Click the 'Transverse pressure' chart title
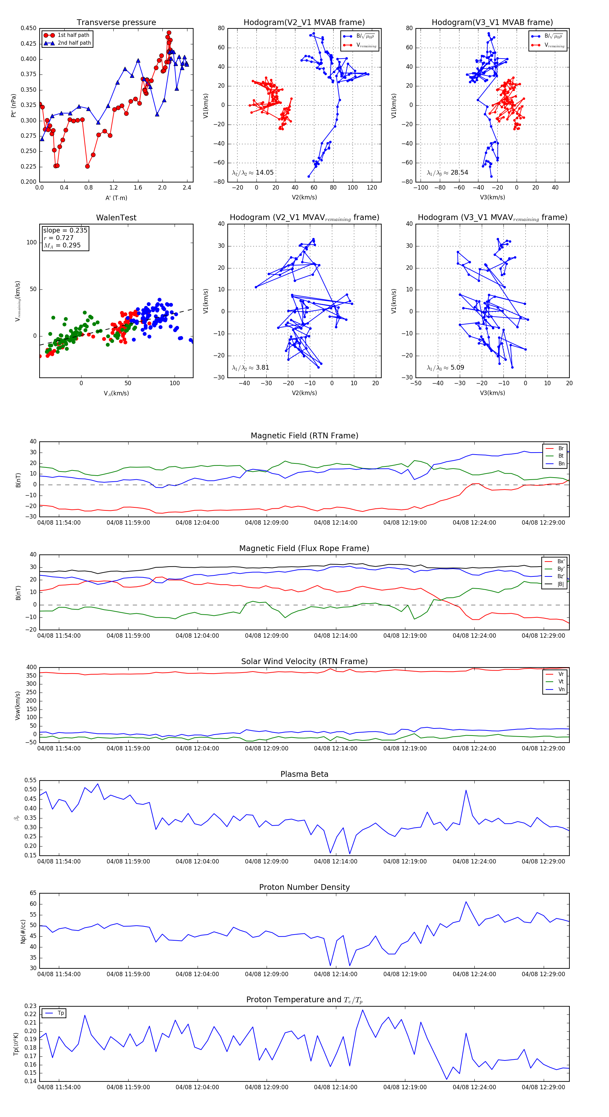pyautogui.click(x=116, y=23)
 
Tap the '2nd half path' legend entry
pyautogui.click(x=74, y=43)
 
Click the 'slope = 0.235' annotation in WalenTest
pyautogui.click(x=65, y=230)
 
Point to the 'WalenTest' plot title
pyautogui.click(x=116, y=218)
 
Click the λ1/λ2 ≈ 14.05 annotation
pyautogui.click(x=253, y=173)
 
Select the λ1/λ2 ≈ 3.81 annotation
pyautogui.click(x=250, y=368)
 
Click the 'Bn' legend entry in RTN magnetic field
pyautogui.click(x=561, y=463)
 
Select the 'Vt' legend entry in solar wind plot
pyautogui.click(x=561, y=682)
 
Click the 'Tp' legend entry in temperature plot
pyautogui.click(x=61, y=1013)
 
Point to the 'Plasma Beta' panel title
pyautogui.click(x=304, y=774)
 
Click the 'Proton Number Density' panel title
pyautogui.click(x=304, y=887)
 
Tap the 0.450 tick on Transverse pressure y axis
pyautogui.click(x=29, y=28)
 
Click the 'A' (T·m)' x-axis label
pyautogui.click(x=116, y=198)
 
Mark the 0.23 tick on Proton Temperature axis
pyautogui.click(x=30, y=1006)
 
